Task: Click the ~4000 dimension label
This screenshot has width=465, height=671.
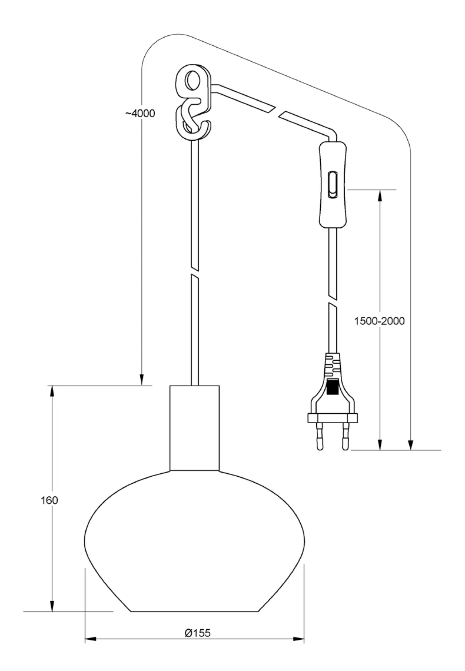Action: (x=140, y=113)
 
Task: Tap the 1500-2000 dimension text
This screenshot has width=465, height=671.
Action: (x=379, y=321)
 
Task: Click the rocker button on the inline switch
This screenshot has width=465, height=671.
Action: (x=332, y=185)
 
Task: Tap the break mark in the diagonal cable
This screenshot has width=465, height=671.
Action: (x=277, y=112)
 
